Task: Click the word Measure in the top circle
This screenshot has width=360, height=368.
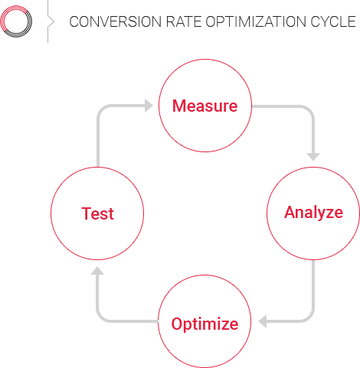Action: coord(205,106)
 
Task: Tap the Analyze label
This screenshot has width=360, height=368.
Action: coord(313,213)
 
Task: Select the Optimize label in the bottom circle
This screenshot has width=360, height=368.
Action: coord(205,324)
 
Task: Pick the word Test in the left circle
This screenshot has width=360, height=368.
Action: coord(97,213)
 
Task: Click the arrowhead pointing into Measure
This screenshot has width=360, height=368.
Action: coord(149,106)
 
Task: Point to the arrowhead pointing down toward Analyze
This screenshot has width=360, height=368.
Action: coord(313,157)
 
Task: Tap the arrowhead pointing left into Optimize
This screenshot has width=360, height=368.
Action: coord(263,321)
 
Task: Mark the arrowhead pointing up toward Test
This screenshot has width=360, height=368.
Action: coord(97,271)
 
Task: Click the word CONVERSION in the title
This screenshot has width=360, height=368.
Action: coord(115,21)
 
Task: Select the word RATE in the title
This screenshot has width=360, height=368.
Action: coord(184,21)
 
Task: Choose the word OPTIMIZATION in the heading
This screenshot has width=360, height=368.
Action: coord(256,21)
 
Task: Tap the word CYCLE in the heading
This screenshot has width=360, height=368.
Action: coord(333,21)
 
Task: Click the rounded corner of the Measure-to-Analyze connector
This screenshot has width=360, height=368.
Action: coord(309,109)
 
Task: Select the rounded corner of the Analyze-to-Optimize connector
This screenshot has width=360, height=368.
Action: coord(309,318)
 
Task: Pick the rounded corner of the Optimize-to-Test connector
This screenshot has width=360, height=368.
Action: coord(100,318)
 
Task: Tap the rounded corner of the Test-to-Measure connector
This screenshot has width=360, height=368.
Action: coord(100,109)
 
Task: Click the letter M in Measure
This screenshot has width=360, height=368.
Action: coord(178,106)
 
